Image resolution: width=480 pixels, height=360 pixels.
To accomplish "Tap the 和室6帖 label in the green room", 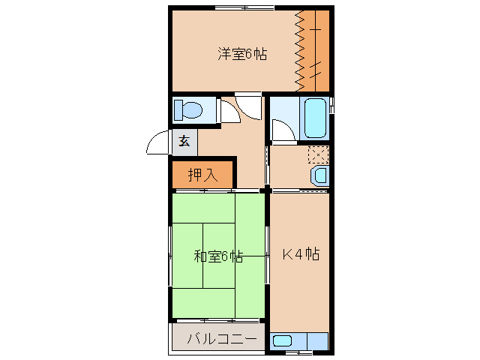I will coord(218,256).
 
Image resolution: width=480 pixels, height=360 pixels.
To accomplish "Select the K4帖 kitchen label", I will coord(301,254).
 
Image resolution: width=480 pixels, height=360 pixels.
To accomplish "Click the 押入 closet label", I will coord(202,175).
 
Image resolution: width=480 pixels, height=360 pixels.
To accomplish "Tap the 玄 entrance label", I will coord(184,141).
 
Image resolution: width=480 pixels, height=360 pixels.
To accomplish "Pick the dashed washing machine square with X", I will coord(318,155).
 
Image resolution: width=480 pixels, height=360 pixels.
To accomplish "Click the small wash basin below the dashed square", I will coord(320,177).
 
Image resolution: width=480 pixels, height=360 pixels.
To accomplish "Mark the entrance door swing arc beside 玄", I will coord(159,142).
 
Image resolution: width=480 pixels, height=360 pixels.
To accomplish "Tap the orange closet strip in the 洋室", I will coord(318,49).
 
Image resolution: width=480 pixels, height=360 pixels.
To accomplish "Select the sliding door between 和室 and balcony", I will coord(218,321).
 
